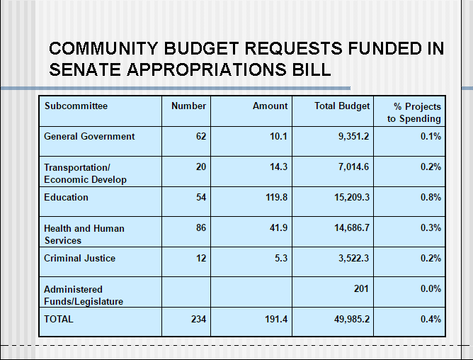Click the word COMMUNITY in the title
[x=103, y=48]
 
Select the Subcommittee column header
[x=76, y=106]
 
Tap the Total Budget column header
[x=342, y=106]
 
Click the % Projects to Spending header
[x=414, y=113]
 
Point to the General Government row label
[x=89, y=137]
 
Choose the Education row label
[x=66, y=197]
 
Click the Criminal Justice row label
[x=79, y=258]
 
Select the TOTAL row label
[x=59, y=319]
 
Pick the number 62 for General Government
[x=201, y=137]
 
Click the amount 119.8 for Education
[x=277, y=197]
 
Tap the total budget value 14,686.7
[x=352, y=227]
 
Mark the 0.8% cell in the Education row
[x=431, y=197]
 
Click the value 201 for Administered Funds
[x=361, y=288]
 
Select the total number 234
[x=198, y=319]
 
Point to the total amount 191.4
[x=276, y=319]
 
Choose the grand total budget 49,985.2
[x=352, y=319]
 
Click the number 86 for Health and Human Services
[x=201, y=227]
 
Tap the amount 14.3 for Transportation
[x=278, y=167]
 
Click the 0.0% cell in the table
[x=431, y=288]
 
